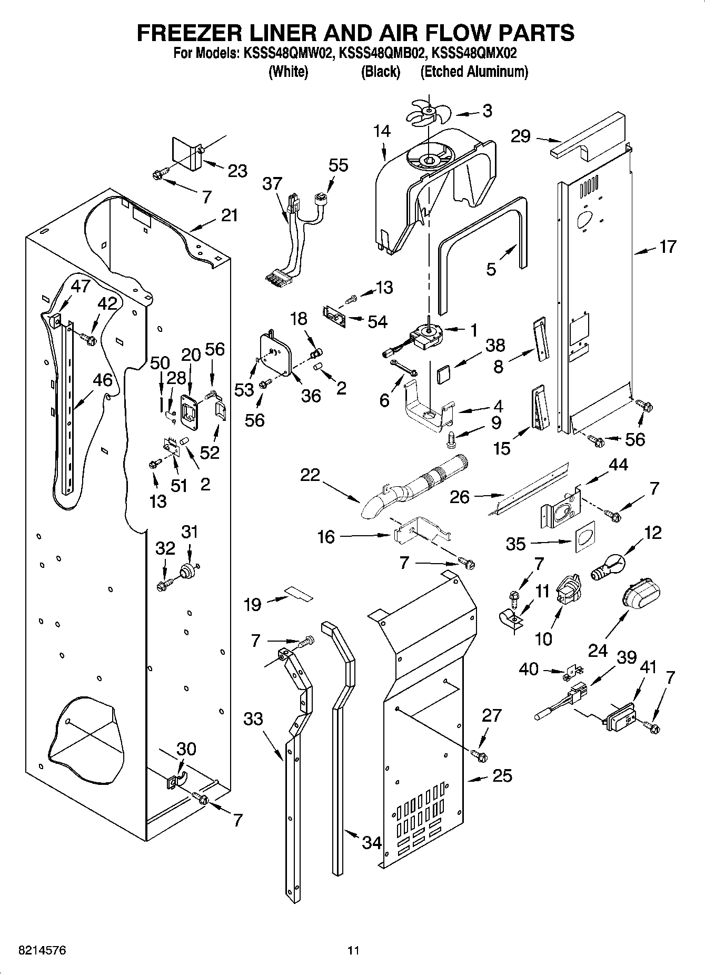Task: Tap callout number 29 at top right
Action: tap(521, 136)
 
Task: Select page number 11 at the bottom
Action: tap(353, 951)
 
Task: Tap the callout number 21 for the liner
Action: tap(229, 215)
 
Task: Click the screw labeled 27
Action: tap(480, 755)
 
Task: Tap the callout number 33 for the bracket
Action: tap(253, 719)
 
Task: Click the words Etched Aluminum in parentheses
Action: tap(474, 72)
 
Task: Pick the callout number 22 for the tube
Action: tap(310, 475)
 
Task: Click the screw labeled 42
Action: tap(89, 339)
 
